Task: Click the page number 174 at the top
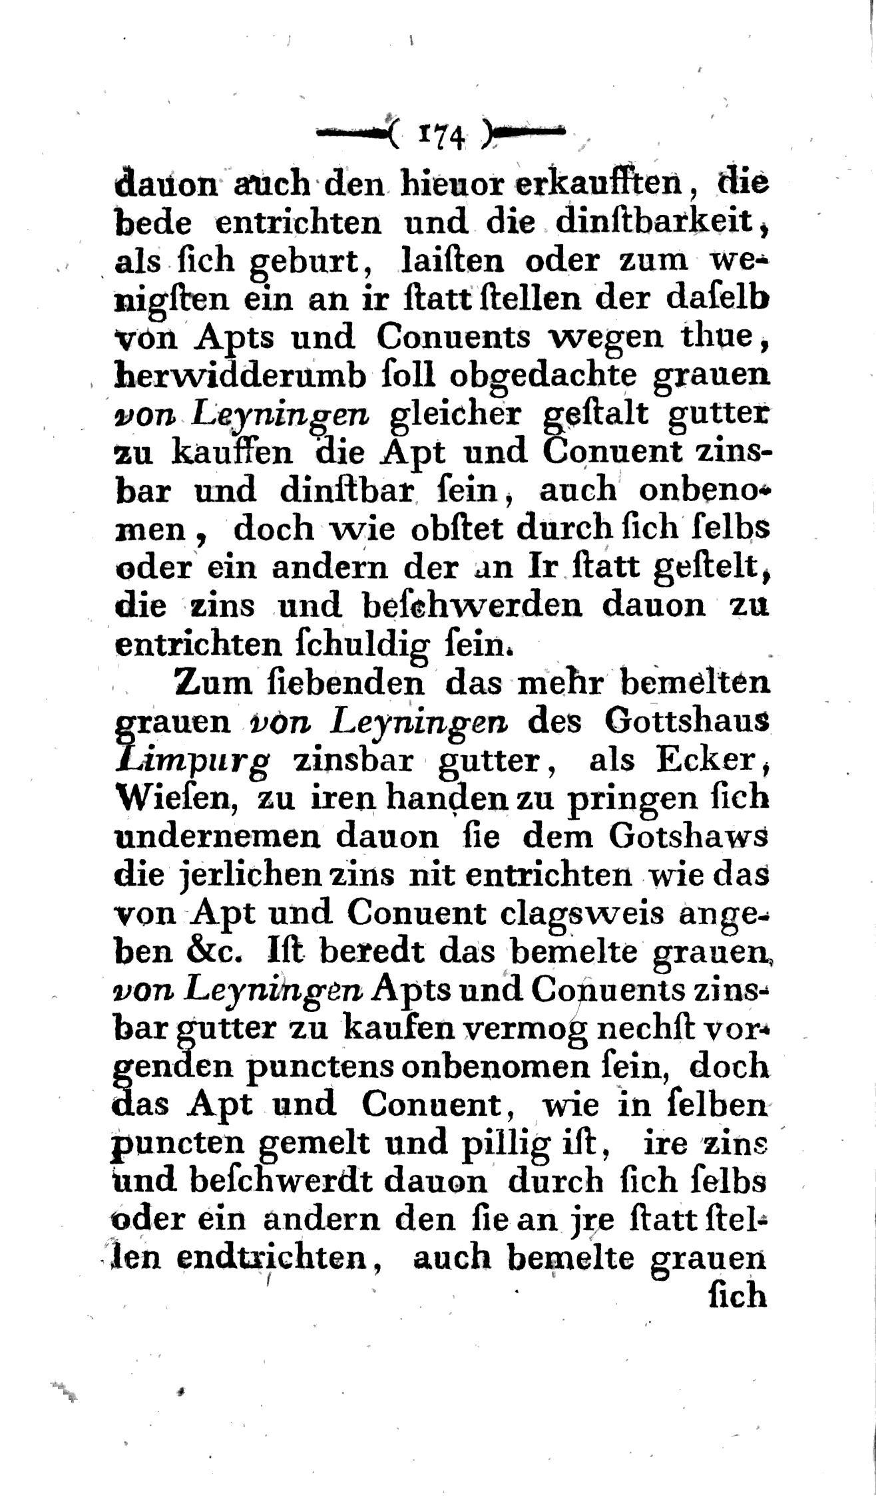coord(442,135)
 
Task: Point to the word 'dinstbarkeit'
coord(660,222)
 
